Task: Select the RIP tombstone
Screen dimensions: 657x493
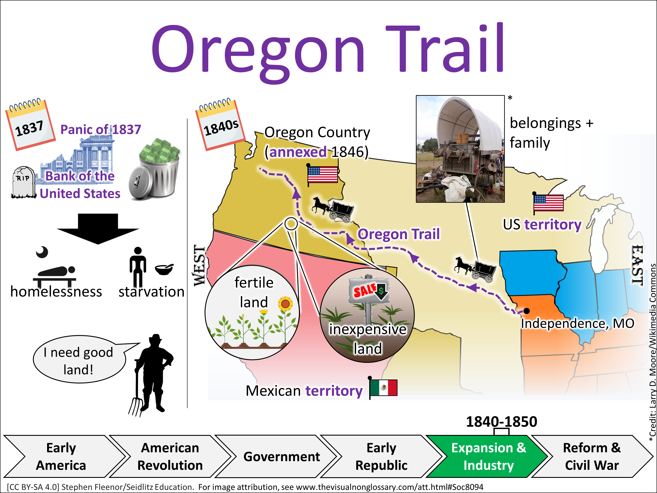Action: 23,182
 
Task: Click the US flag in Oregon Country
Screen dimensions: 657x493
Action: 322,175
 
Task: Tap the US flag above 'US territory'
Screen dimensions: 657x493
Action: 548,203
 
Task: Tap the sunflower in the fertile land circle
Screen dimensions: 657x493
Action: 285,304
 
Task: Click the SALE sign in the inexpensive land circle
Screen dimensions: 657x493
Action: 369,290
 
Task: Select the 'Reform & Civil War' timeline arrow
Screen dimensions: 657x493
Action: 592,456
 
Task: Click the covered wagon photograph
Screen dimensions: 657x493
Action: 460,149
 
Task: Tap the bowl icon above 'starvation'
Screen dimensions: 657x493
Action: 164,269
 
